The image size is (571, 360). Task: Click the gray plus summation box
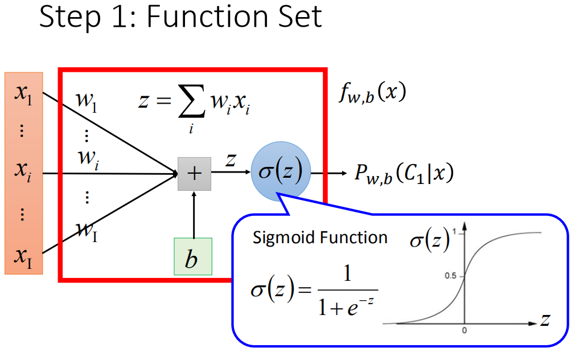point(194,174)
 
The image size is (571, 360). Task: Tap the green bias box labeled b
point(193,256)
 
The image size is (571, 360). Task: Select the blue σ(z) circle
point(281,171)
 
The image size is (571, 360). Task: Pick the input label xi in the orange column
point(23,170)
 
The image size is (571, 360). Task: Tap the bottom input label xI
point(23,257)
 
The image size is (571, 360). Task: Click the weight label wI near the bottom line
point(87,231)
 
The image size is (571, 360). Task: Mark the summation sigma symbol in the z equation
point(191,101)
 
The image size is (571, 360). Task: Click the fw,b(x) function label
point(372,93)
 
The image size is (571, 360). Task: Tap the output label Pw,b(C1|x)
point(404,173)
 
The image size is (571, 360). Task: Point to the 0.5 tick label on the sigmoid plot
point(450,276)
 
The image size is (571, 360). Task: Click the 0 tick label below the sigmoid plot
point(465,330)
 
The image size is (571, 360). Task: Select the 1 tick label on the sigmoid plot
point(454,232)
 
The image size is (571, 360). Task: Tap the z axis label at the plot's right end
point(545,320)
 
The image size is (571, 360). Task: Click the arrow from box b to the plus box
point(194,215)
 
